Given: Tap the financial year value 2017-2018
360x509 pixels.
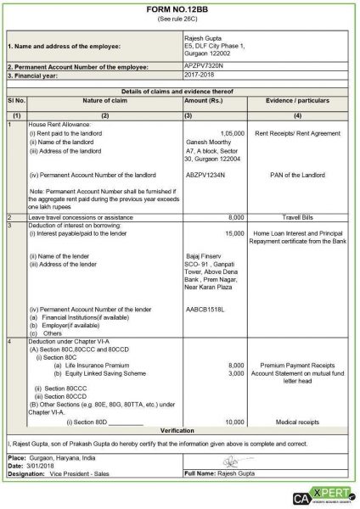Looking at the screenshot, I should (x=200, y=75).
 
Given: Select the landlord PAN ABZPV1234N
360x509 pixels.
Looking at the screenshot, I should (x=206, y=175).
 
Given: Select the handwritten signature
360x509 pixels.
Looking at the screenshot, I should (x=228, y=461).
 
